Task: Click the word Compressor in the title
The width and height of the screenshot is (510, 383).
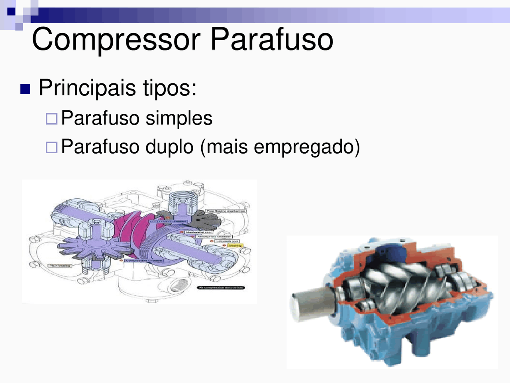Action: pyautogui.click(x=116, y=40)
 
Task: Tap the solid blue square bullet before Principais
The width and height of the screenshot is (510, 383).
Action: pyautogui.click(x=25, y=89)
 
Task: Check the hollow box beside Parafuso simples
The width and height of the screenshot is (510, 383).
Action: pyautogui.click(x=51, y=118)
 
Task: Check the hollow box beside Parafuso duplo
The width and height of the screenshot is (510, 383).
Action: pyautogui.click(x=51, y=147)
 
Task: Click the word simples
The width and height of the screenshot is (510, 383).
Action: pyautogui.click(x=179, y=118)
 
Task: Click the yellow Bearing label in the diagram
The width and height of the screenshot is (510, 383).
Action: pyautogui.click(x=235, y=246)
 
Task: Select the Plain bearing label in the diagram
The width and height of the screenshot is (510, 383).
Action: pyautogui.click(x=60, y=266)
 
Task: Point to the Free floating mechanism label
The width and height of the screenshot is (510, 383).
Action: pyautogui.click(x=226, y=211)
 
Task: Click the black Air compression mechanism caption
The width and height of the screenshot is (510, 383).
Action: pyautogui.click(x=221, y=288)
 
